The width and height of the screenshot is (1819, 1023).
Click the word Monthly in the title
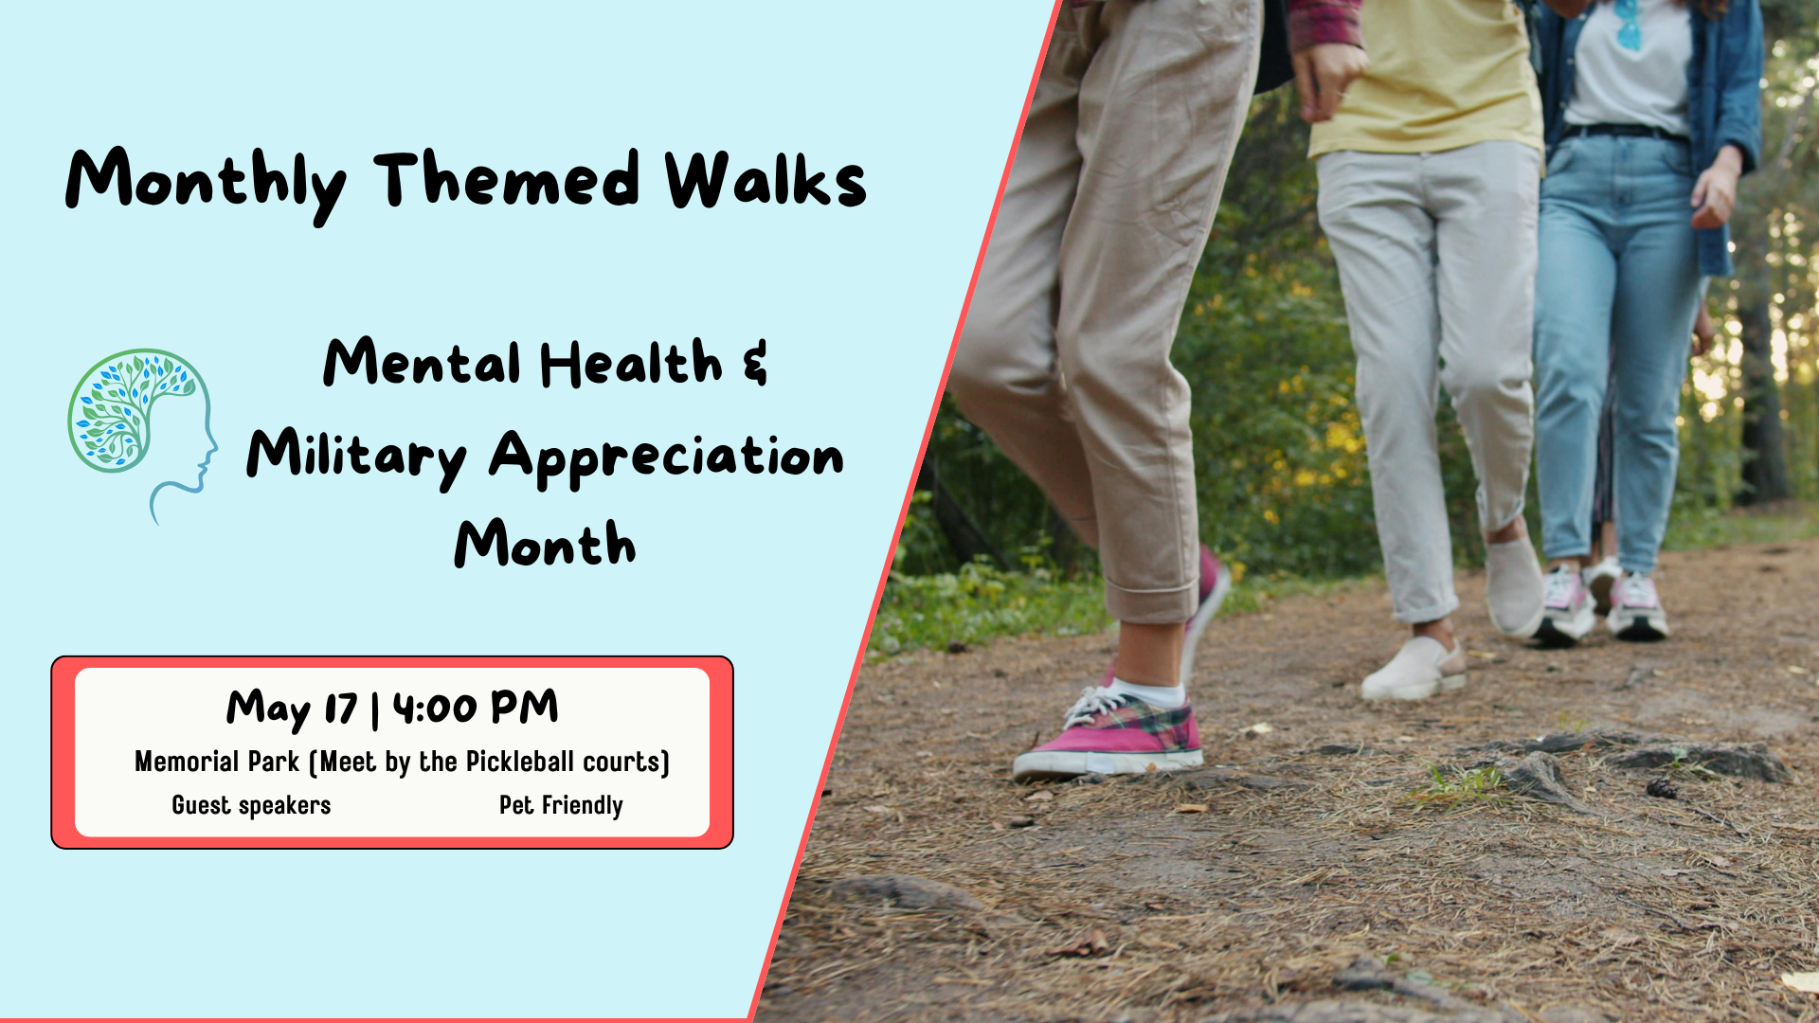pyautogui.click(x=206, y=182)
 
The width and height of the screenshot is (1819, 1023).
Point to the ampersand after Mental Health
pyautogui.click(x=755, y=364)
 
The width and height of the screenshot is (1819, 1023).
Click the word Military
pyautogui.click(x=356, y=456)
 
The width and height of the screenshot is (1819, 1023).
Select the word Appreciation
pyautogui.click(x=666, y=458)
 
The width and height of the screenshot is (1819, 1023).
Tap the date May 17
pyautogui.click(x=292, y=709)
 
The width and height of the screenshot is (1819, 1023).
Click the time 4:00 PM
pyautogui.click(x=476, y=708)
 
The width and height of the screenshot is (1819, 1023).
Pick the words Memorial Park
pyautogui.click(x=217, y=762)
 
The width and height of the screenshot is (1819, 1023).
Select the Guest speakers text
pyautogui.click(x=251, y=805)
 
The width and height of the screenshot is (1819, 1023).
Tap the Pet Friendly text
pyautogui.click(x=561, y=805)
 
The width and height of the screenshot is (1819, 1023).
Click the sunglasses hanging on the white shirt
pyautogui.click(x=1629, y=25)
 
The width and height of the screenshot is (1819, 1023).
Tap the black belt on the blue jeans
pyautogui.click(x=1623, y=133)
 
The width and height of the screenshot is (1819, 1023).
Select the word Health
pyautogui.click(x=631, y=364)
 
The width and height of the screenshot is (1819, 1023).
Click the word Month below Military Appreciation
pyautogui.click(x=545, y=545)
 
